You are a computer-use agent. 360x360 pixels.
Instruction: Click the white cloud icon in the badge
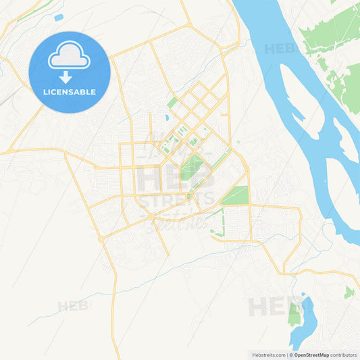(70, 57)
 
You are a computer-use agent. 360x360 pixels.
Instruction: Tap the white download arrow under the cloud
(70, 76)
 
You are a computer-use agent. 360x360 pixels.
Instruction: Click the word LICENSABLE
(70, 92)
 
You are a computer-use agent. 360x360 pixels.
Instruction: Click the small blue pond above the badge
(58, 17)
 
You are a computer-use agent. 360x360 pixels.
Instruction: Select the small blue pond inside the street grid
(166, 118)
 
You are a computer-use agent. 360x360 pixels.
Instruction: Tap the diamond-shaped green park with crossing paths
(192, 166)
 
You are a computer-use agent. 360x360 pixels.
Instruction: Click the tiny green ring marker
(238, 142)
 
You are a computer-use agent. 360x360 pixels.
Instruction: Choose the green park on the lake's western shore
(295, 313)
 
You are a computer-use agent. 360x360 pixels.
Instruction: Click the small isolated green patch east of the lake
(349, 292)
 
